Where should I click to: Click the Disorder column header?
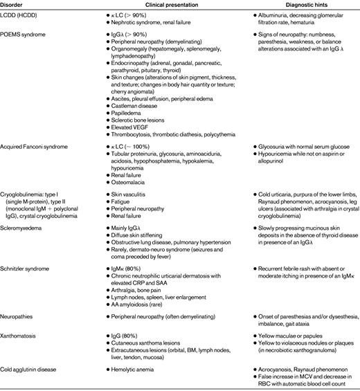(x=16, y=3)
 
